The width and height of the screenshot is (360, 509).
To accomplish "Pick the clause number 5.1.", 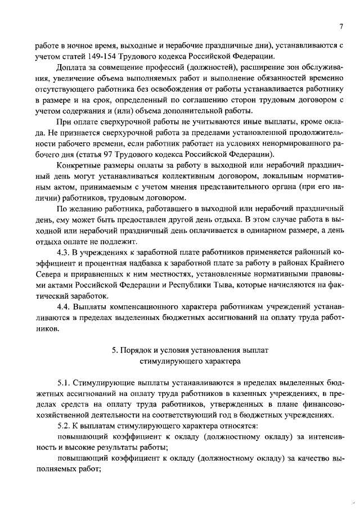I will coord(65,382).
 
